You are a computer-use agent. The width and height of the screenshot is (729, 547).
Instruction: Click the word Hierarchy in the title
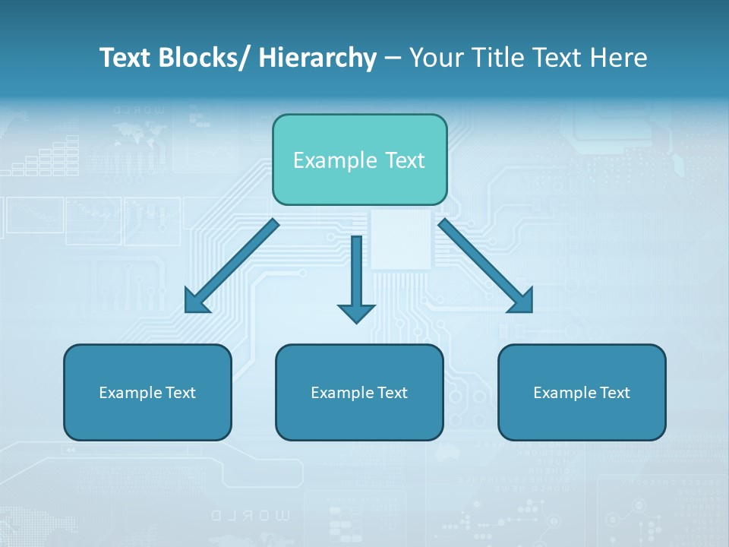(317, 58)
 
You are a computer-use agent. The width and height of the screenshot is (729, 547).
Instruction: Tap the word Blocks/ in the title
(206, 58)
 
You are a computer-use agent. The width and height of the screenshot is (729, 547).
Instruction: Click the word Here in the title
(618, 58)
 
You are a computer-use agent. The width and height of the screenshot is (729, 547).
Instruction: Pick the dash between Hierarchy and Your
(393, 58)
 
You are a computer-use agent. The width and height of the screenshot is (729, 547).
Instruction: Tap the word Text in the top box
(402, 160)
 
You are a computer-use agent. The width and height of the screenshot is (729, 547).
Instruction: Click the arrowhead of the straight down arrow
(356, 312)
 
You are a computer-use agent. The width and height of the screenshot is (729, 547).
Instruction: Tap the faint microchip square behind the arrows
(400, 239)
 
